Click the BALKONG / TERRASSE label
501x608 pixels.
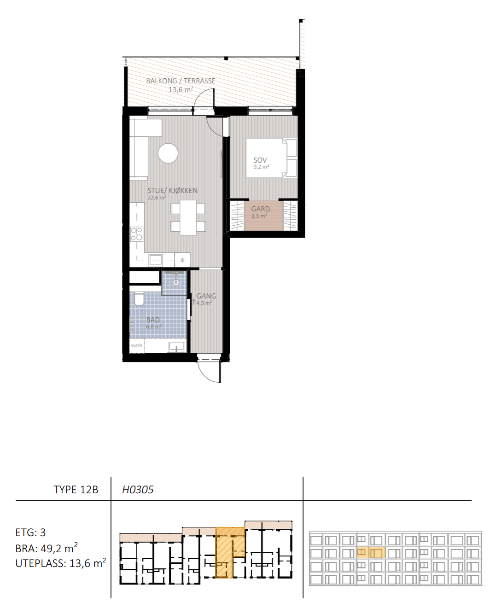[x=181, y=81]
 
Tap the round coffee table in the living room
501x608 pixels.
[x=168, y=153]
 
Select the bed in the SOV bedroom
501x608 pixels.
[x=271, y=158]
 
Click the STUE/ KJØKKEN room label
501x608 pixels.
[x=172, y=191]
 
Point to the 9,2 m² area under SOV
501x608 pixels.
[x=261, y=167]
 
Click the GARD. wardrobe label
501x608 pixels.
[x=261, y=209]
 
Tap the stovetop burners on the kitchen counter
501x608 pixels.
[x=137, y=234]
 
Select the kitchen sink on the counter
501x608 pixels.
[x=156, y=260]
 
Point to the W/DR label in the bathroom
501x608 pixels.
[x=136, y=346]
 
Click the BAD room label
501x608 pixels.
[x=153, y=320]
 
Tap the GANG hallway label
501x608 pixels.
[x=206, y=296]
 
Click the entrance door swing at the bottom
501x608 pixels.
[x=210, y=371]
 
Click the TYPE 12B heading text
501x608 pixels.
[x=76, y=490]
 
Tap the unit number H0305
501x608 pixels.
[x=138, y=490]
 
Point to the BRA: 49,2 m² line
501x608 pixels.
[x=47, y=548]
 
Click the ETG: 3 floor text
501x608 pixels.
[x=30, y=532]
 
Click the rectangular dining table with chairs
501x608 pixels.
[x=188, y=217]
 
